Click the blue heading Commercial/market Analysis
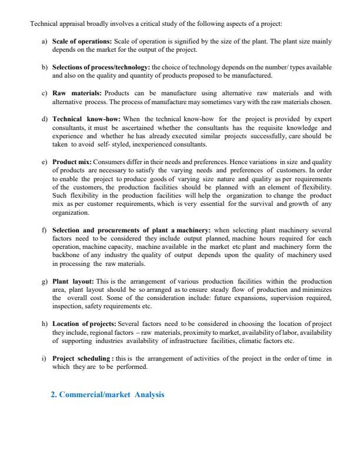[108, 395]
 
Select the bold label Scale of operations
[82, 42]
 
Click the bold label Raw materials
[77, 93]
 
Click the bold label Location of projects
[84, 324]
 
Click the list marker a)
[44, 42]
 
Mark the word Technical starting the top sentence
[44, 24]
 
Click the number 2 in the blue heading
[54, 395]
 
